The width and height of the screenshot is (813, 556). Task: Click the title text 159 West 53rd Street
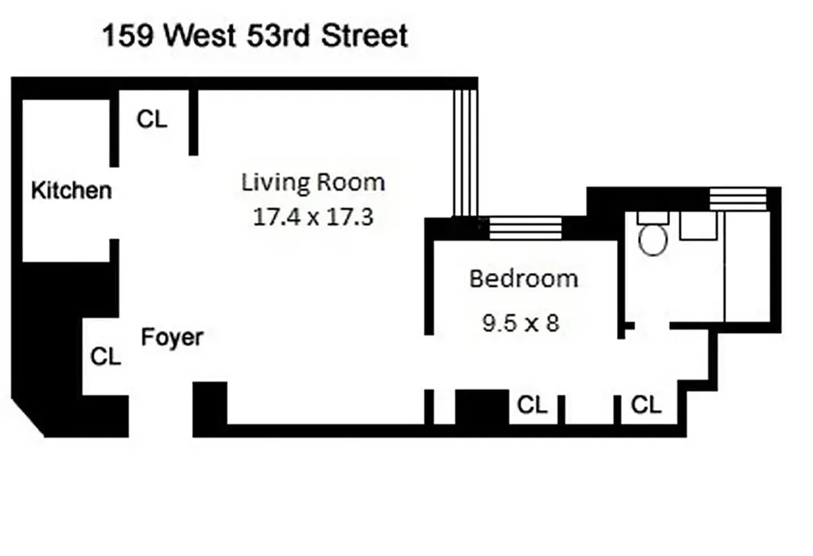tap(255, 36)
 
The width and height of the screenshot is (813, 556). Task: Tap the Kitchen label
tap(71, 190)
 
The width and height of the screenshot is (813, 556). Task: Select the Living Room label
tap(313, 183)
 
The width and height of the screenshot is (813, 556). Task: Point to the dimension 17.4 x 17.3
tap(313, 217)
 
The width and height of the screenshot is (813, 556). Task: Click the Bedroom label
tap(523, 279)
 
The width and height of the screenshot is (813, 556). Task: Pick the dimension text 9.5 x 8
tap(520, 322)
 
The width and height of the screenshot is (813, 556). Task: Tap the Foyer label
tap(172, 338)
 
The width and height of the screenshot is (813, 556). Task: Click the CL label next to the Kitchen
tap(151, 120)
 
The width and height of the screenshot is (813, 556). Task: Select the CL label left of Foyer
tap(106, 357)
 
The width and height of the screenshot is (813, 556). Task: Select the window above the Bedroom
tap(525, 227)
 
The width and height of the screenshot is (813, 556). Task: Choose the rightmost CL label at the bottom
tap(646, 404)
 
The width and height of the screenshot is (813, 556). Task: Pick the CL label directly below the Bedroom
tap(532, 405)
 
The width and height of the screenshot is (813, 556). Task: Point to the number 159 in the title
tap(127, 36)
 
